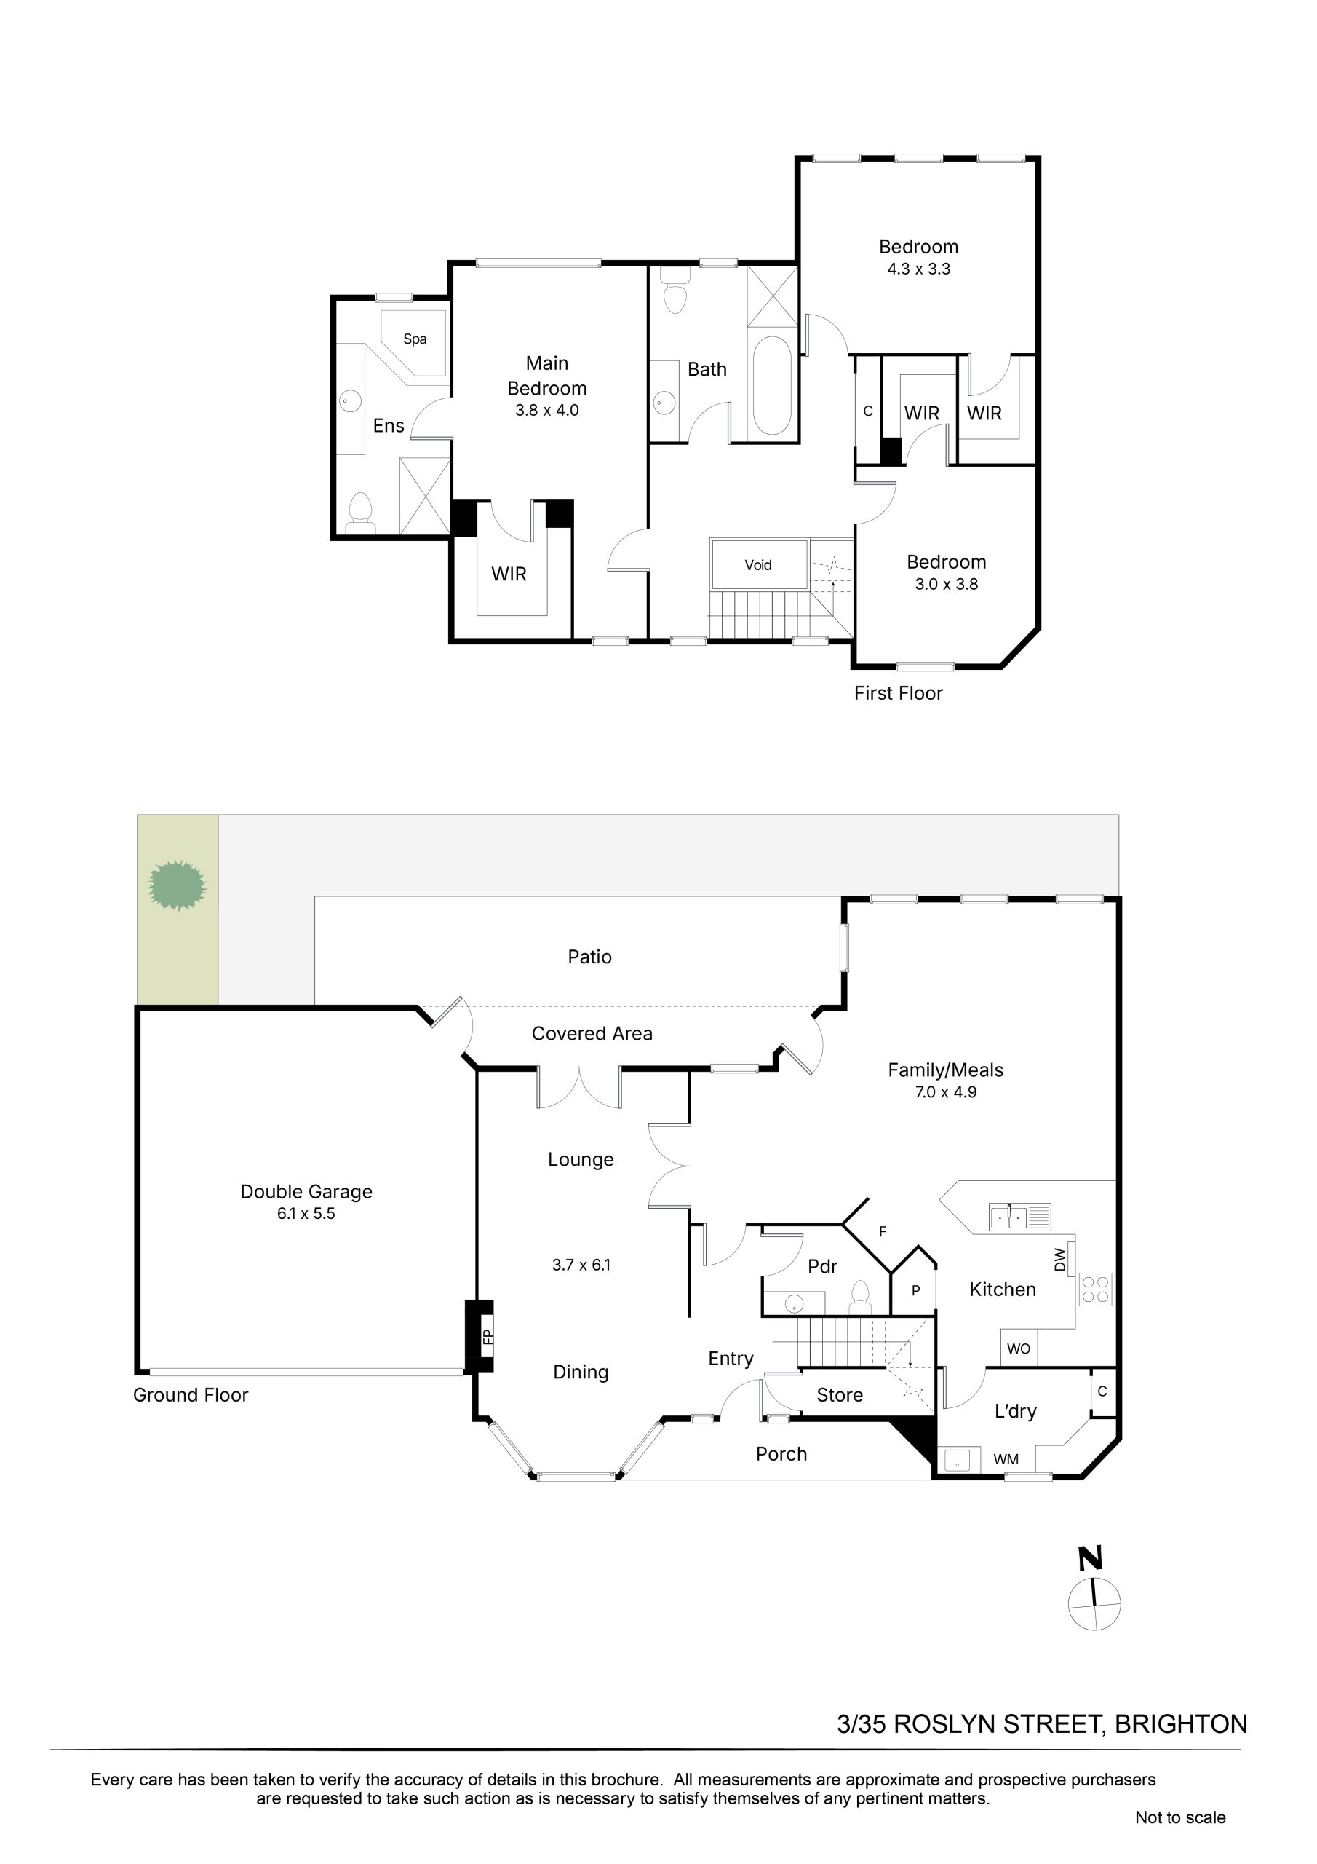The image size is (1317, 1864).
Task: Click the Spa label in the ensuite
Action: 415,339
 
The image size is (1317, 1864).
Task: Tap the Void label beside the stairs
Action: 758,565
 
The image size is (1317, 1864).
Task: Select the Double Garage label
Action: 307,1192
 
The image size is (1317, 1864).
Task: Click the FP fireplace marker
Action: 488,1336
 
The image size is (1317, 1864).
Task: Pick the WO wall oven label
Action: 1019,1348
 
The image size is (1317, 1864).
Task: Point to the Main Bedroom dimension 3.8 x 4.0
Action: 547,410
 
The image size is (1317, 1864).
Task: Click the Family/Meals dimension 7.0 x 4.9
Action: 945,1092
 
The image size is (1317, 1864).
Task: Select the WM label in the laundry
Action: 1006,1459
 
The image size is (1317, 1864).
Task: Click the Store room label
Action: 840,1395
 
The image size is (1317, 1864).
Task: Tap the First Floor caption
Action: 899,693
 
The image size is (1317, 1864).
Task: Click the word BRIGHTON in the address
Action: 1181,1723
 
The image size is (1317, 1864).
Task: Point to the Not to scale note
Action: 1180,1817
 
